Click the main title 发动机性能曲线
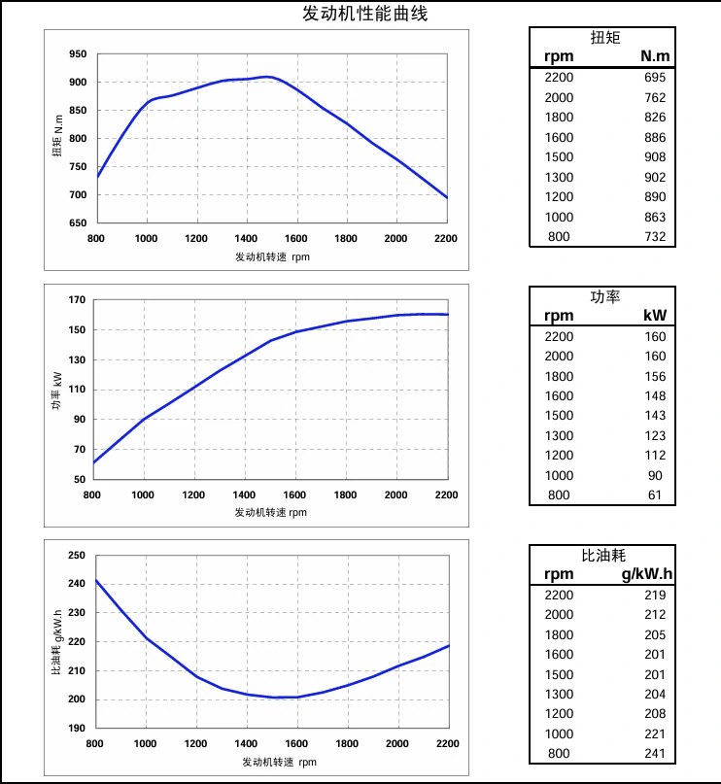pos(364,14)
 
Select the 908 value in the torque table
pos(654,157)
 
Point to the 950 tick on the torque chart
pos(78,54)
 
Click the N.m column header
pos(655,56)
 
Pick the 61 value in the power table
pos(655,495)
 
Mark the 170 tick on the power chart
pos(78,300)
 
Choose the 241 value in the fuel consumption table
pos(655,754)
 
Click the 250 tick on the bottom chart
pos(78,556)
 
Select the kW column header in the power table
pos(655,316)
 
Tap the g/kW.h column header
pos(646,574)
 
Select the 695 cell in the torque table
pos(654,77)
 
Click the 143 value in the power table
pos(655,416)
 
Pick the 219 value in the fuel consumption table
pos(655,595)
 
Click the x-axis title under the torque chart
pos(272,257)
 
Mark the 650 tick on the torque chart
pos(78,223)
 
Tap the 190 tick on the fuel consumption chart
pos(78,728)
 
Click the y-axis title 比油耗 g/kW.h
pos(58,641)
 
